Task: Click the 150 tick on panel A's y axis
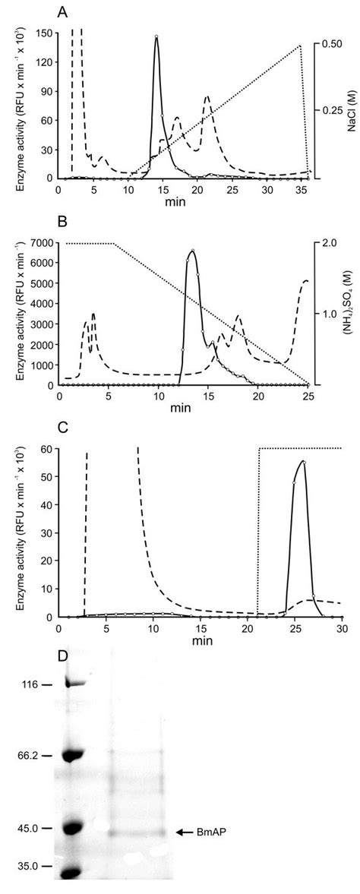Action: pyautogui.click(x=44, y=33)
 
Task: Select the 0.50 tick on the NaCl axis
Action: pyautogui.click(x=330, y=45)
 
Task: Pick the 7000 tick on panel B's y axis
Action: pyautogui.click(x=41, y=242)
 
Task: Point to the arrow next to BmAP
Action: pyautogui.click(x=184, y=832)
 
